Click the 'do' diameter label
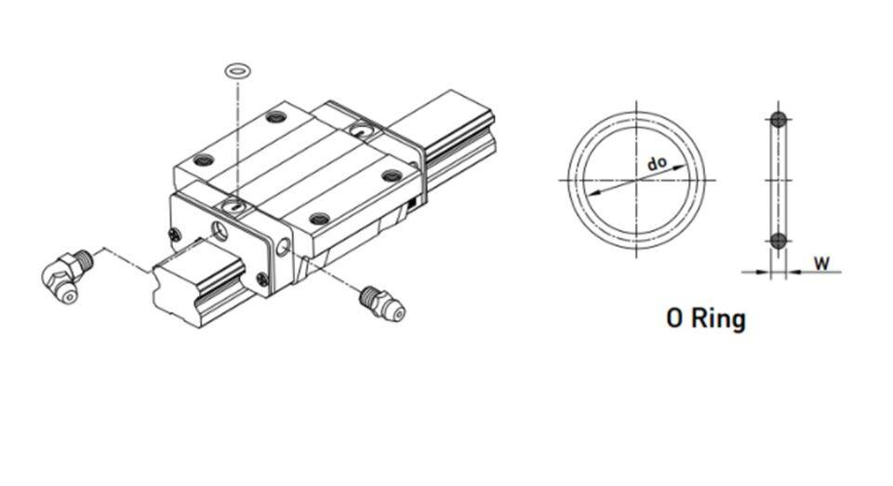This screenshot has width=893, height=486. (x=657, y=165)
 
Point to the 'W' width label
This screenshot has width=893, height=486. (x=821, y=263)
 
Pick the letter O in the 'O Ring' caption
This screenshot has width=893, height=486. (x=675, y=318)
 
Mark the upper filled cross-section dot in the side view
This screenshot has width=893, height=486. (x=779, y=119)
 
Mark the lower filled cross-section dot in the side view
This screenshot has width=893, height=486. (x=779, y=240)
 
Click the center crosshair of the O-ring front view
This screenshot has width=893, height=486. (x=637, y=180)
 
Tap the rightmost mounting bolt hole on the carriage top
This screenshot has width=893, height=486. (x=392, y=174)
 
